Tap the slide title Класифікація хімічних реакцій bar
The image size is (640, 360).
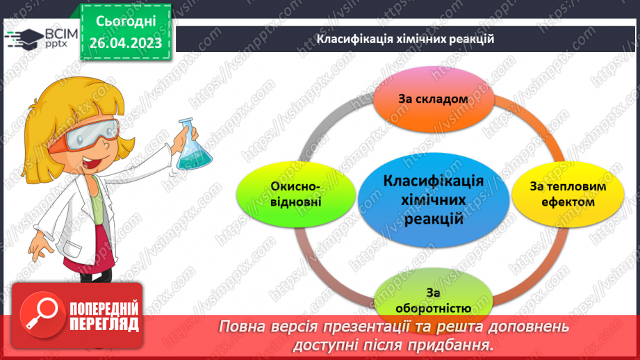(405, 39)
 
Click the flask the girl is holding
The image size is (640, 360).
(188, 147)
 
